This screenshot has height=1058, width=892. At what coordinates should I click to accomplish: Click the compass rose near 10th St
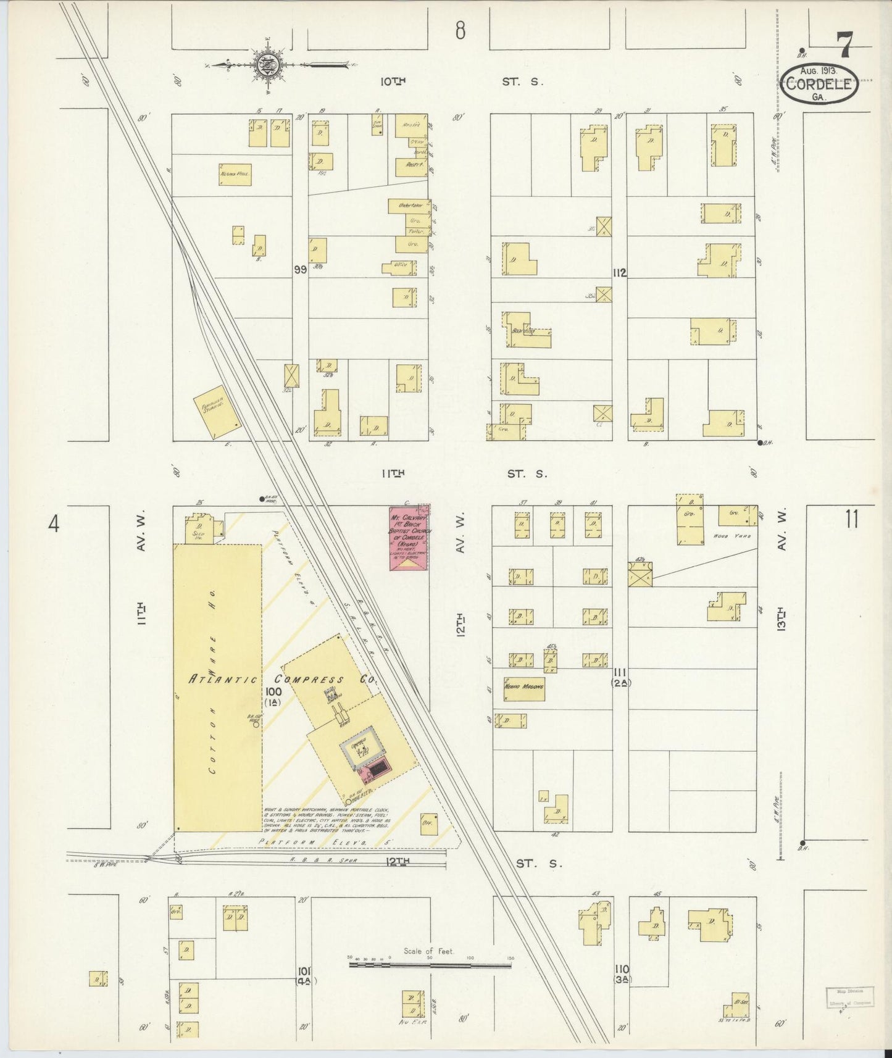268,65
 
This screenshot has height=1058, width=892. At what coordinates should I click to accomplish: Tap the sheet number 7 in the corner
844,45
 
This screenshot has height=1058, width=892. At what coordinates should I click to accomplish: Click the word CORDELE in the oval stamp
819,85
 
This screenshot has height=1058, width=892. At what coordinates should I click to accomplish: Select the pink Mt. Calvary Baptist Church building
407,537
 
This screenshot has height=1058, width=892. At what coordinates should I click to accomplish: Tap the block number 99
301,269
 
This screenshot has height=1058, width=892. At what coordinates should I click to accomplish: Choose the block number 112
620,272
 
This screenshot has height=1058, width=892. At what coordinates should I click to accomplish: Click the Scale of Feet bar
430,964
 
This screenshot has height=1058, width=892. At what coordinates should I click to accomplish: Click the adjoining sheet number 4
54,524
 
